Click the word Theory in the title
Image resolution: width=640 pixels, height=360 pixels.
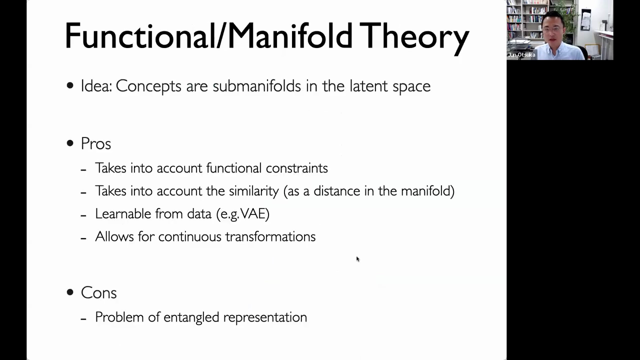(x=414, y=37)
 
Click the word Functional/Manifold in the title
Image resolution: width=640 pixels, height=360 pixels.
(x=209, y=35)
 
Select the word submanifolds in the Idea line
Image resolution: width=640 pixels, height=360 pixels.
(x=257, y=85)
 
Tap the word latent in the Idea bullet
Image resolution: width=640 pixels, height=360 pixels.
(x=369, y=85)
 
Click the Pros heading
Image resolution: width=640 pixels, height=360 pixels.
(x=95, y=143)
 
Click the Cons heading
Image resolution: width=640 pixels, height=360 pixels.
(x=99, y=292)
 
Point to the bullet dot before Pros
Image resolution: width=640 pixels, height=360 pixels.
(x=70, y=143)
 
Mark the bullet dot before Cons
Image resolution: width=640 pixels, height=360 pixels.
(x=70, y=292)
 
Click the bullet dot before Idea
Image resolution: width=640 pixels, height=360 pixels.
(x=70, y=85)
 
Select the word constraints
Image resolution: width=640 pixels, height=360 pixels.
(x=297, y=168)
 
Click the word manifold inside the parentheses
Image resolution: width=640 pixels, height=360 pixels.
(x=425, y=191)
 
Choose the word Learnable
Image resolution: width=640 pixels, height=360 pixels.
(x=123, y=213)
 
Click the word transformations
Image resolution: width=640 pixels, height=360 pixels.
(x=270, y=236)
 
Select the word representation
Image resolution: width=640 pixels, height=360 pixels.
(x=265, y=317)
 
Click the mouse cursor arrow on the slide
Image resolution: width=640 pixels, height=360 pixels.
(x=357, y=259)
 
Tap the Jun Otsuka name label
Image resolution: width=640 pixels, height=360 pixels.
(x=521, y=55)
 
